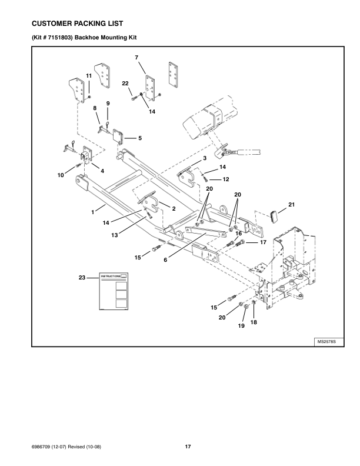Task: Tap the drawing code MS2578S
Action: (327, 341)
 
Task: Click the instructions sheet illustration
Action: (114, 291)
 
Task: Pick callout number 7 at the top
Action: (136, 57)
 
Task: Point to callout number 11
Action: (89, 76)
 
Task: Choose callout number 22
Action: (126, 84)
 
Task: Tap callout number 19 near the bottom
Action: (241, 327)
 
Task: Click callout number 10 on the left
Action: (61, 175)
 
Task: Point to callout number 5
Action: (140, 138)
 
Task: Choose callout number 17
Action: (263, 242)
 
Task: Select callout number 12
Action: (225, 179)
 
